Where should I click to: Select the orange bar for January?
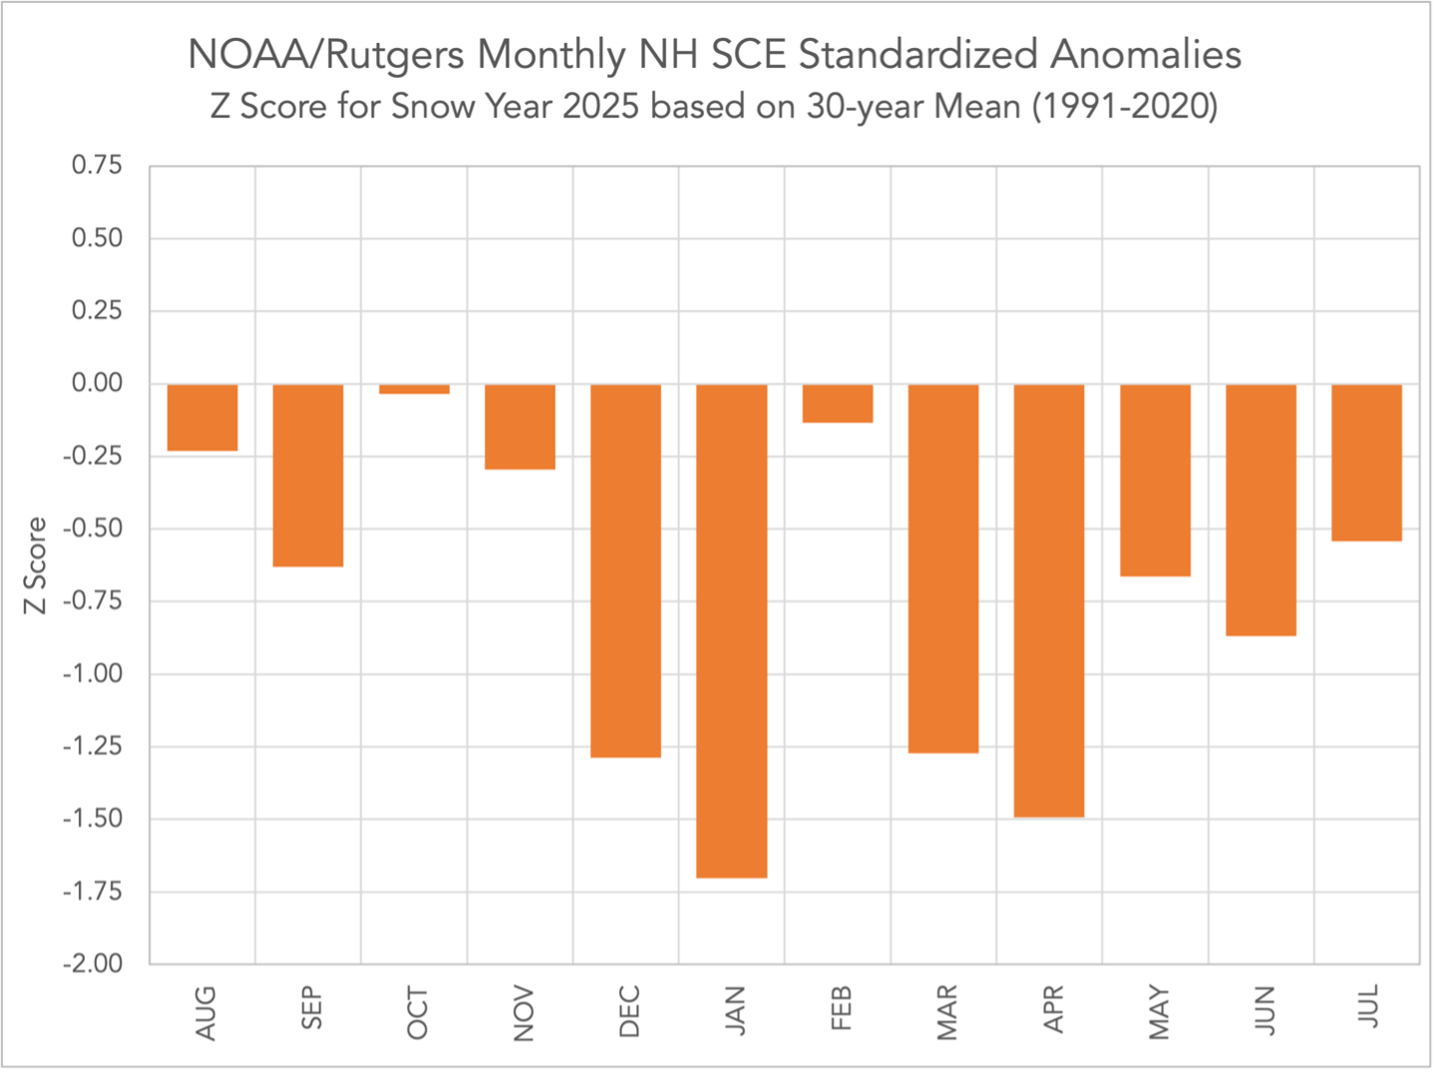pos(731,630)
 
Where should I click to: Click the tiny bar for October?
pos(414,389)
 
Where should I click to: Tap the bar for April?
pos(1049,600)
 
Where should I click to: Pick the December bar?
pos(625,570)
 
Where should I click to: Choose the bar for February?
pos(838,403)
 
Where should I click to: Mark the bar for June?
pos(1260,510)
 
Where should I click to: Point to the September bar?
pos(308,475)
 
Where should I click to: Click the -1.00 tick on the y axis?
pos(93,674)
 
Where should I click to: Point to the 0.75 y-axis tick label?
pos(97,166)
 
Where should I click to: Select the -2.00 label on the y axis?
pos(93,964)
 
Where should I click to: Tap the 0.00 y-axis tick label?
pos(97,384)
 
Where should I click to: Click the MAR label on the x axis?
pos(945,1011)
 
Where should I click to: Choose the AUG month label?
pos(204,1012)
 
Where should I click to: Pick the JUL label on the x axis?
pos(1368,1006)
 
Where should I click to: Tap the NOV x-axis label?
pos(523,1012)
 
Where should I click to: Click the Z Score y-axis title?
pos(36,565)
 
